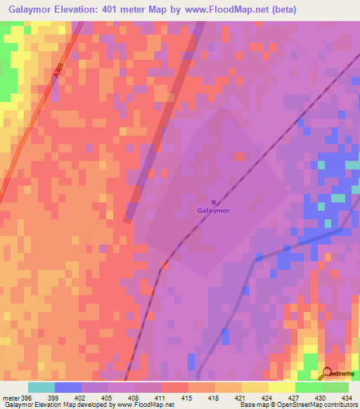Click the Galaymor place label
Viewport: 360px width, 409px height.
(x=214, y=209)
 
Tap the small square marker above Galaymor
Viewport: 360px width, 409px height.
(x=214, y=200)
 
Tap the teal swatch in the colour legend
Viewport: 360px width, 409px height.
(x=41, y=387)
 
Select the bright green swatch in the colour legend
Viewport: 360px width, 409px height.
(x=309, y=387)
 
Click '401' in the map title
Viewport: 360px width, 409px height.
(x=118, y=10)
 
